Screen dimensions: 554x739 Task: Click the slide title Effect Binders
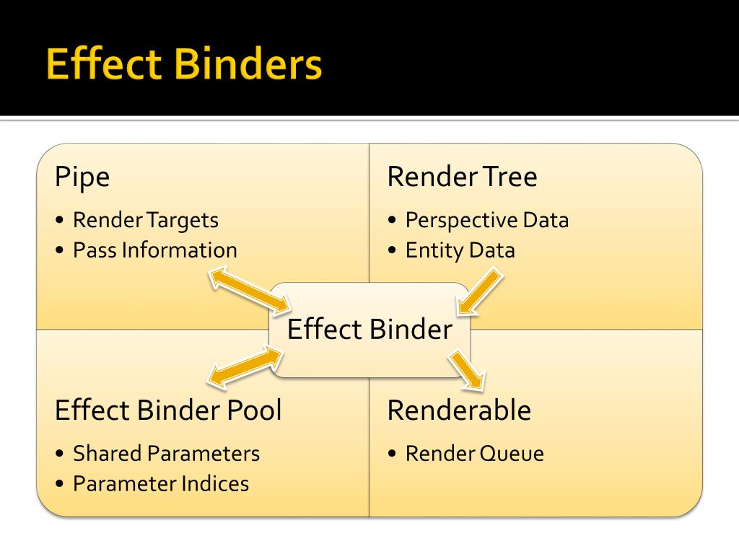183,66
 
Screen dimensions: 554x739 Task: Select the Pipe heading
82,177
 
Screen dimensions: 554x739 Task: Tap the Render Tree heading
462,177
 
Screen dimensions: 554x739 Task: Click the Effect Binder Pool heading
168,410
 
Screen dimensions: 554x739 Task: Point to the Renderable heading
459,410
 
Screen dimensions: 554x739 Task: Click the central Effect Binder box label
369,330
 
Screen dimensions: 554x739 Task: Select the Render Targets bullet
145,219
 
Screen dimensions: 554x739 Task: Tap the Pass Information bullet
154,250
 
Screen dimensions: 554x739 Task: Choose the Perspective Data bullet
486,219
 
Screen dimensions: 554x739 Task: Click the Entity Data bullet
460,250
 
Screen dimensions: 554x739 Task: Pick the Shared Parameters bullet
166,454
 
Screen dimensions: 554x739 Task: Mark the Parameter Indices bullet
160,483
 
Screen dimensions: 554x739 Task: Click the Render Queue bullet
474,454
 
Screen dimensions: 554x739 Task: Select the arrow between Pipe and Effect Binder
249,290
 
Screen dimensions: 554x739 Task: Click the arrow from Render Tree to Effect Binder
480,291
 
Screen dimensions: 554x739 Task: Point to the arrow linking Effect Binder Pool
245,364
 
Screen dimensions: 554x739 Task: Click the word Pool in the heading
255,410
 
